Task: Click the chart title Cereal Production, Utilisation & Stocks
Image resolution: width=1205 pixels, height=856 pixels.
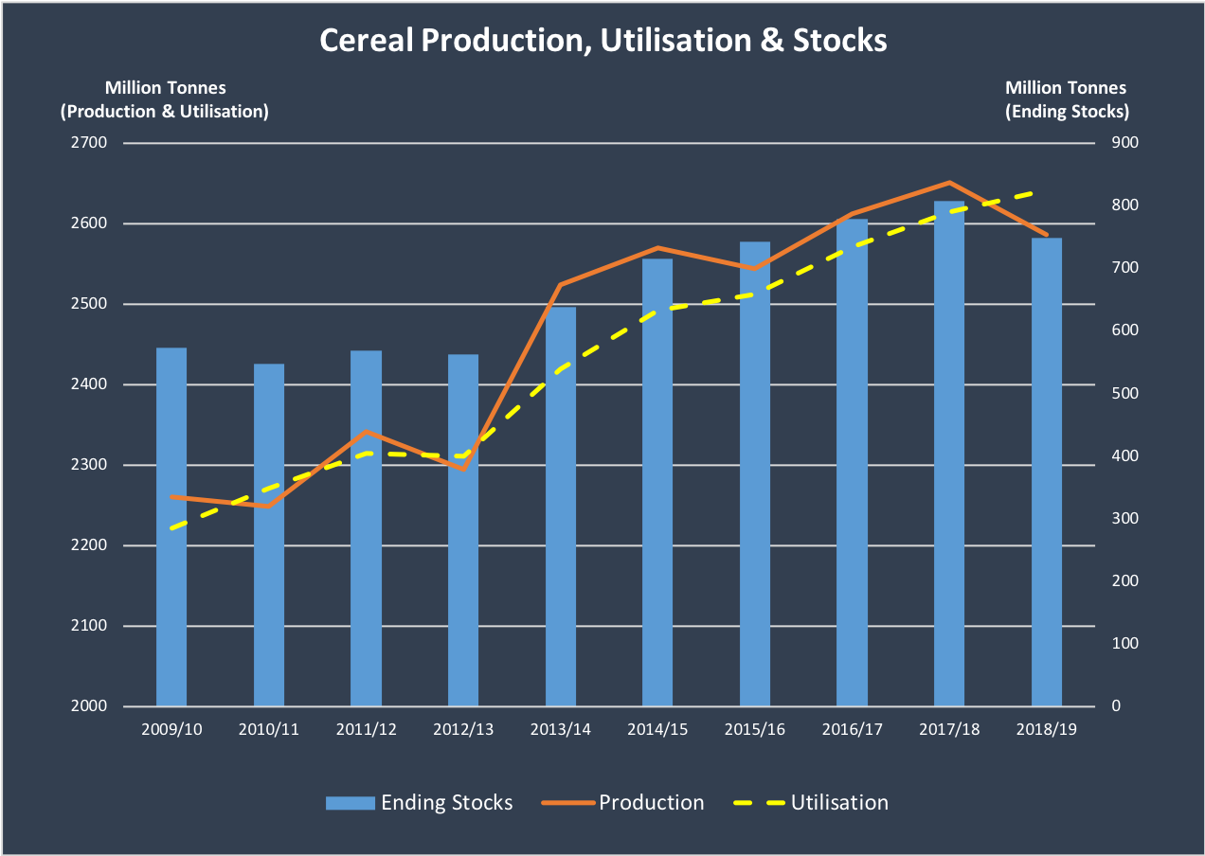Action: [602, 41]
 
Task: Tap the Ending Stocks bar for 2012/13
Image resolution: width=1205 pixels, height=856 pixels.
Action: [463, 530]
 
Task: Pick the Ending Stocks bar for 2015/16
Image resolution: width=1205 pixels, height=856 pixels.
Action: [755, 473]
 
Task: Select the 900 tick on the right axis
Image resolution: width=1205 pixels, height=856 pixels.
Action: [1111, 143]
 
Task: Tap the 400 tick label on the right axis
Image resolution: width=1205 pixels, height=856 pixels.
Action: [1111, 456]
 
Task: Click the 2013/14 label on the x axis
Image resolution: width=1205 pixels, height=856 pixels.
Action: [560, 730]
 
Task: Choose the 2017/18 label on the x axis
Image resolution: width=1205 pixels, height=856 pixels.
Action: [949, 730]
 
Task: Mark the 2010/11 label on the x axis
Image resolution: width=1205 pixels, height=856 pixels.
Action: [268, 730]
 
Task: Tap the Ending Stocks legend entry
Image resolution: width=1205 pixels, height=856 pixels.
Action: [419, 803]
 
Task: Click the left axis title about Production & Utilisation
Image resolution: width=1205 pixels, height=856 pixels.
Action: [165, 99]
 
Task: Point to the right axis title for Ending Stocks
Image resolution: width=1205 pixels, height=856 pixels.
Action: [1066, 99]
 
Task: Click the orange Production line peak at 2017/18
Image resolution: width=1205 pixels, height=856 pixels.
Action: [949, 182]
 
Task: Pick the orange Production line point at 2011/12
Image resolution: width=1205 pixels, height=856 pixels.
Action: [366, 432]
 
